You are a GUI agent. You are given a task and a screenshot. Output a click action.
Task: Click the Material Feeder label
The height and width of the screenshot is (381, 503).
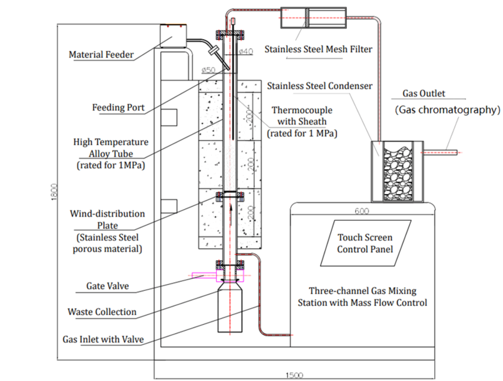pyautogui.click(x=101, y=54)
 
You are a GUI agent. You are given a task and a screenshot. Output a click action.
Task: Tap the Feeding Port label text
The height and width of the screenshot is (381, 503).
pyautogui.click(x=118, y=108)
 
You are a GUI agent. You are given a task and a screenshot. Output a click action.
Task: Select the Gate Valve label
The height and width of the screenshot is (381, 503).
pyautogui.click(x=107, y=286)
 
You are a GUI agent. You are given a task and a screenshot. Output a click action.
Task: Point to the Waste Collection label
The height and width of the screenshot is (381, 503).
pyautogui.click(x=102, y=312)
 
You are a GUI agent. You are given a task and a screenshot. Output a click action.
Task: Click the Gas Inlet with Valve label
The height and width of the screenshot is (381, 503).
pyautogui.click(x=103, y=339)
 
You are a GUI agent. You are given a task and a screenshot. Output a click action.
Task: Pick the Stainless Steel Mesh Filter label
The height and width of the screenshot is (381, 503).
pyautogui.click(x=318, y=49)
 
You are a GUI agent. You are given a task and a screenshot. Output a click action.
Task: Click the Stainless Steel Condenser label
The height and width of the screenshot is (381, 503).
pyautogui.click(x=319, y=86)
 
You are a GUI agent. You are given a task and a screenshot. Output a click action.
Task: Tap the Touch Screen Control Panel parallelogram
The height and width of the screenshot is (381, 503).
pyautogui.click(x=365, y=243)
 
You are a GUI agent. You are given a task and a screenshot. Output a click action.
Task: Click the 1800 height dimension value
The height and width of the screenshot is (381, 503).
pyautogui.click(x=54, y=192)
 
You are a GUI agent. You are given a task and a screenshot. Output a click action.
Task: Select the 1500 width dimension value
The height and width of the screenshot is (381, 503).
pyautogui.click(x=294, y=375)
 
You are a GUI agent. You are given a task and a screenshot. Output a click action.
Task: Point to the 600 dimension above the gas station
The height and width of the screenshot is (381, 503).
pyautogui.click(x=362, y=211)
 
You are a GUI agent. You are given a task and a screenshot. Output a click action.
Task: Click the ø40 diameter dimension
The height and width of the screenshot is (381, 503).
pyautogui.click(x=246, y=51)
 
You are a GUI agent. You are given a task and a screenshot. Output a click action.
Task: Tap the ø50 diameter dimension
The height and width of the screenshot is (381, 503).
pyautogui.click(x=208, y=70)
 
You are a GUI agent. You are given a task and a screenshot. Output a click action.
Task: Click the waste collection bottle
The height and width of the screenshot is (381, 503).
pyautogui.click(x=230, y=309)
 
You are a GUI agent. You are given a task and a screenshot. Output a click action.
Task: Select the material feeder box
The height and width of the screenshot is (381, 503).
pyautogui.click(x=173, y=36)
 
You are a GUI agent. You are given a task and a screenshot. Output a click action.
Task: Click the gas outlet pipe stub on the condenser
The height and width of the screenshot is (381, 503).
pyautogui.click(x=440, y=153)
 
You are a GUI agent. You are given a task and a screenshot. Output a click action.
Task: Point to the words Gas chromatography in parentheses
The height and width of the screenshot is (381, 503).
pyautogui.click(x=447, y=110)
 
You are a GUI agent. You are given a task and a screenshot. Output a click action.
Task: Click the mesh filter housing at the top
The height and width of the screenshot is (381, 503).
pyautogui.click(x=313, y=18)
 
